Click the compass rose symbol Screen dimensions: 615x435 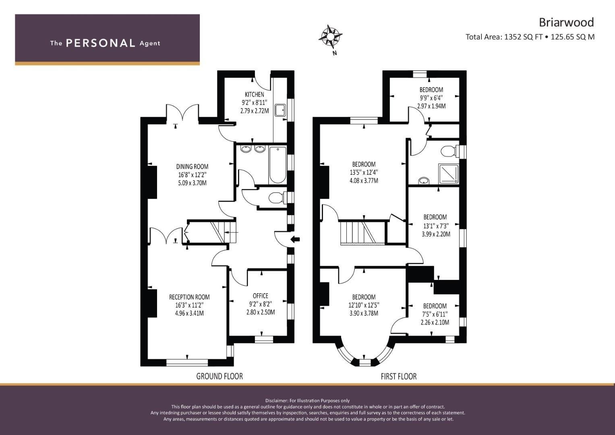pyautogui.click(x=330, y=36)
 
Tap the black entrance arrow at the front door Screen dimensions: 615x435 pyautogui.click(x=295, y=239)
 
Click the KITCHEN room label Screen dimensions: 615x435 pyautogui.click(x=255, y=95)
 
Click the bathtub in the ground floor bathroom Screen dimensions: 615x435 pyautogui.click(x=277, y=165)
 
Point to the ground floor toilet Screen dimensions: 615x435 pyautogui.click(x=277, y=197)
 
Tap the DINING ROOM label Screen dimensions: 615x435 pyautogui.click(x=192, y=166)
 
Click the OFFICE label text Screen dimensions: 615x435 pyautogui.click(x=261, y=296)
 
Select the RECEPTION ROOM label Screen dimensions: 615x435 pyautogui.click(x=189, y=297)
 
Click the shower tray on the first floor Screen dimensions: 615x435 pyautogui.click(x=449, y=174)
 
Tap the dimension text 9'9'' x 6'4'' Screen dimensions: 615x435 pyautogui.click(x=431, y=98)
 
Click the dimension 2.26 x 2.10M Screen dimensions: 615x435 pyautogui.click(x=435, y=322)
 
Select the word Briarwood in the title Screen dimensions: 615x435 pyautogui.click(x=566, y=23)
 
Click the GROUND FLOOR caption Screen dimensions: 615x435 pyautogui.click(x=219, y=376)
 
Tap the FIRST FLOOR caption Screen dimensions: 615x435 pyautogui.click(x=399, y=376)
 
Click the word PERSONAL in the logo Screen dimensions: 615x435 pyautogui.click(x=101, y=43)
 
